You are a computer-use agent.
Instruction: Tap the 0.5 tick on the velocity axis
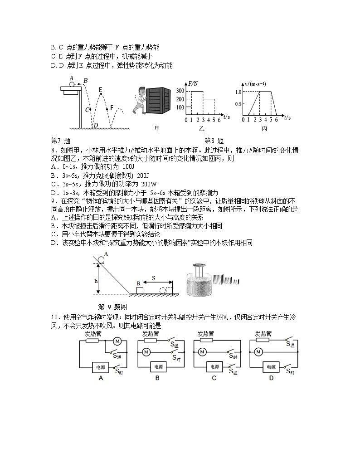coord(238,104)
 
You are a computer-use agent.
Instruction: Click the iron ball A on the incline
coord(101,260)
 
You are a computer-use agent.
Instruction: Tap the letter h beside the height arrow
coord(96,281)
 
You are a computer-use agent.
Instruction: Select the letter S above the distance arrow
coord(153,278)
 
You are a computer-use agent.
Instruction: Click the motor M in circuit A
coord(116,341)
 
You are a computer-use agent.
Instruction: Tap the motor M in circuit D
coord(258,351)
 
